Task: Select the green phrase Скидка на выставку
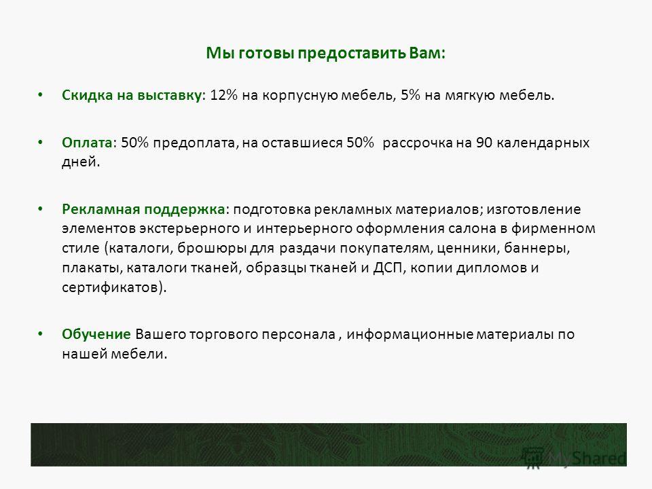pos(132,95)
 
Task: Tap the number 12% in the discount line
pos(223,95)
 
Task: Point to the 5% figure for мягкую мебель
pos(410,95)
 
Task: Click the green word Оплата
pos(87,143)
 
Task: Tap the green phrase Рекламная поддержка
pos(143,209)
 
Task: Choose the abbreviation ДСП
pos(388,268)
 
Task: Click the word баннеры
pos(536,249)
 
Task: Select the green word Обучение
pos(96,334)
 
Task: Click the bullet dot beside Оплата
pos(40,142)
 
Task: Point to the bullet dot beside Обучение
pos(40,333)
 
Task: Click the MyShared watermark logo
pos(575,458)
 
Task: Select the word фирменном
pos(553,229)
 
